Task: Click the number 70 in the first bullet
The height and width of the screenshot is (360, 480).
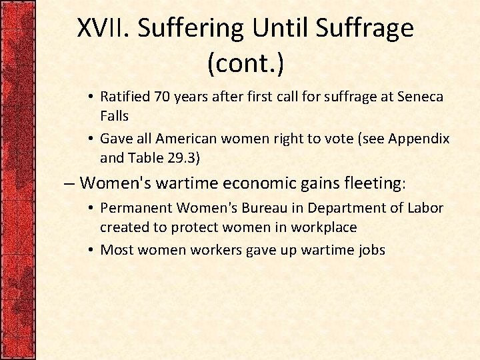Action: point(163,97)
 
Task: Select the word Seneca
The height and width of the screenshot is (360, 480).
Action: point(420,97)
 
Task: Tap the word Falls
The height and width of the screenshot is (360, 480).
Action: point(114,115)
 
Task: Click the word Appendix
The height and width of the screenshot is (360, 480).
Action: point(419,139)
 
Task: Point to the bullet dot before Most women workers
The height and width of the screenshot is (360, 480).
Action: point(91,250)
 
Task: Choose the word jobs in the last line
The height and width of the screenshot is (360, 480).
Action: point(371,250)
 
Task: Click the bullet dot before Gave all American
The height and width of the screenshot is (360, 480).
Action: point(91,139)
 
